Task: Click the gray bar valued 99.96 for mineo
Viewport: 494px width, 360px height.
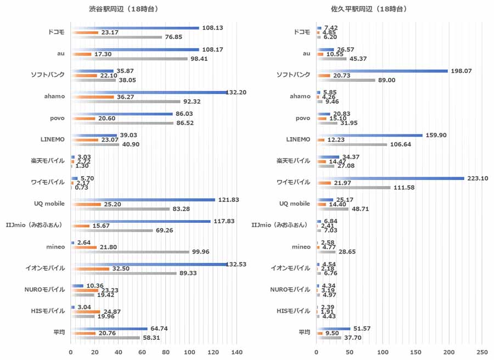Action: (130, 252)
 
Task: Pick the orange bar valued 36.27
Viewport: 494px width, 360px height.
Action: (92, 97)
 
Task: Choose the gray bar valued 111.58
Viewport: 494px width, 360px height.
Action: (353, 188)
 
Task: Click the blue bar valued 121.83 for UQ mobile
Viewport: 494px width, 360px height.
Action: (143, 200)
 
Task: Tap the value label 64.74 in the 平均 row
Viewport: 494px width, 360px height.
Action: (159, 328)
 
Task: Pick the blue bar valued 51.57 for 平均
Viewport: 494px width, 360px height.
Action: (334, 329)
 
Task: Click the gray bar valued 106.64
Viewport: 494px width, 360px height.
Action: (352, 144)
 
